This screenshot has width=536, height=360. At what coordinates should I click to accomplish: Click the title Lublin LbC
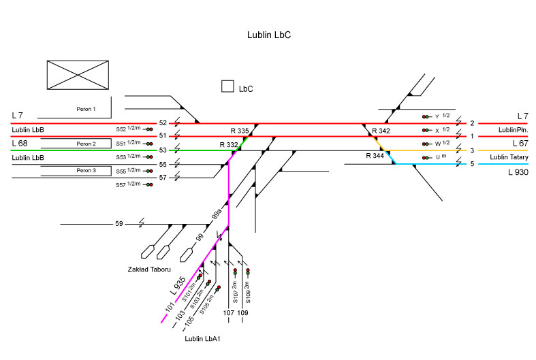tap(268, 33)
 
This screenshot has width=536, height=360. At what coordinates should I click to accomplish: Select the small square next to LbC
tap(227, 86)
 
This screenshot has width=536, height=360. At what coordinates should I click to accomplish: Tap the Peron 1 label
tap(86, 109)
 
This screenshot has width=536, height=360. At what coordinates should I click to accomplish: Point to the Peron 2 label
tap(86, 144)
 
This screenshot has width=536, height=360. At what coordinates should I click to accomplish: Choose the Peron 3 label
tap(86, 170)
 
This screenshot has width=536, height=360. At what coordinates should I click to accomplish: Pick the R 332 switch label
tap(229, 145)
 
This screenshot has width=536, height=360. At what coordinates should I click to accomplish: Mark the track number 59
tap(119, 223)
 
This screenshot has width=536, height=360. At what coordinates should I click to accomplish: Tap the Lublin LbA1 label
tap(203, 338)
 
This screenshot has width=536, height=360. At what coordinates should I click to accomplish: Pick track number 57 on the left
tap(163, 178)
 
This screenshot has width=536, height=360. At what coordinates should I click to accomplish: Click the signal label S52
tap(121, 129)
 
